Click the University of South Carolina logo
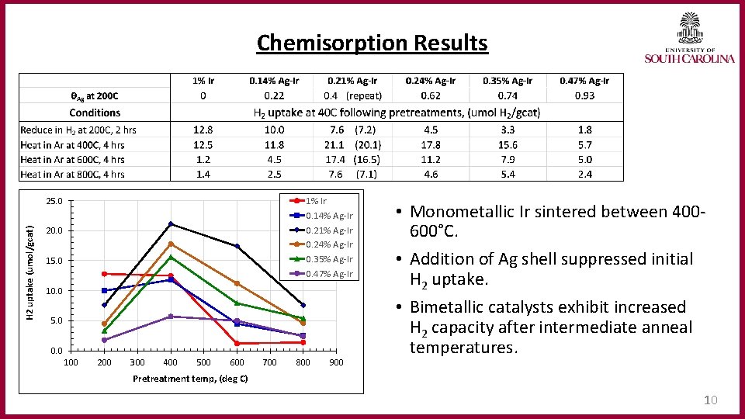click(x=689, y=38)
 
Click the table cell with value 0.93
click(x=584, y=95)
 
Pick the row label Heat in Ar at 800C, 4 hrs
click(x=72, y=175)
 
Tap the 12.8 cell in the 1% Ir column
click(x=203, y=130)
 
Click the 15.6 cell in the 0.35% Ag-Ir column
click(x=508, y=145)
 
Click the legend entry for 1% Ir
click(x=316, y=201)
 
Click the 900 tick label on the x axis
click(x=336, y=362)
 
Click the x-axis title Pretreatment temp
click(x=190, y=379)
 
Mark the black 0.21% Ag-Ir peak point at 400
click(x=171, y=224)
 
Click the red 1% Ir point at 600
click(x=237, y=343)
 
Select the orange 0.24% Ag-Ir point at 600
click(x=237, y=283)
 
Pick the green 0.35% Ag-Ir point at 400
click(x=171, y=257)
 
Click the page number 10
click(x=710, y=400)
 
